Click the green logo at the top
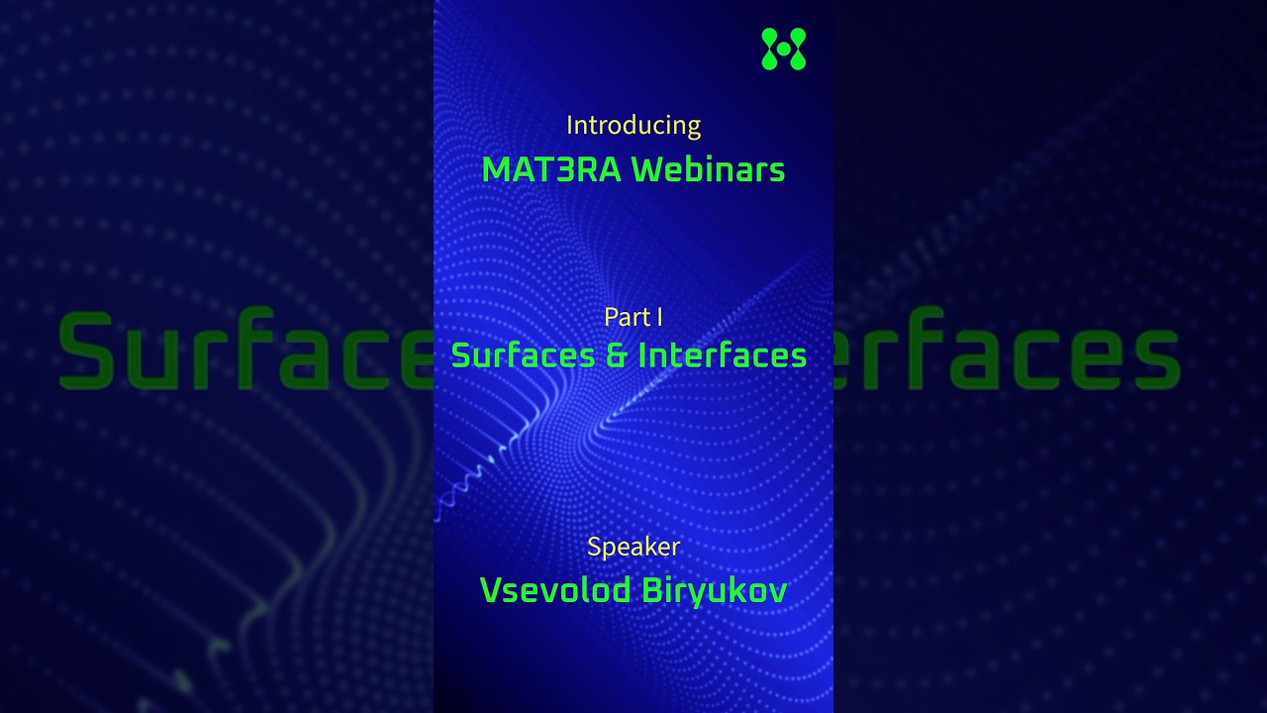tap(783, 49)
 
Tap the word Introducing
tap(633, 126)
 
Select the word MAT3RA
tap(551, 169)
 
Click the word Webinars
tap(709, 169)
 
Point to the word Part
tap(626, 317)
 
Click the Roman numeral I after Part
tap(659, 317)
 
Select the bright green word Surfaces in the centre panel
tap(523, 355)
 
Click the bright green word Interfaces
tap(723, 355)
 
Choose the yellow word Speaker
tap(633, 547)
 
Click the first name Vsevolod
tap(555, 590)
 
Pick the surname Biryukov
tap(715, 590)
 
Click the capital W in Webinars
tap(649, 169)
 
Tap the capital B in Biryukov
tap(652, 590)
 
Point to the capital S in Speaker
tap(594, 547)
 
